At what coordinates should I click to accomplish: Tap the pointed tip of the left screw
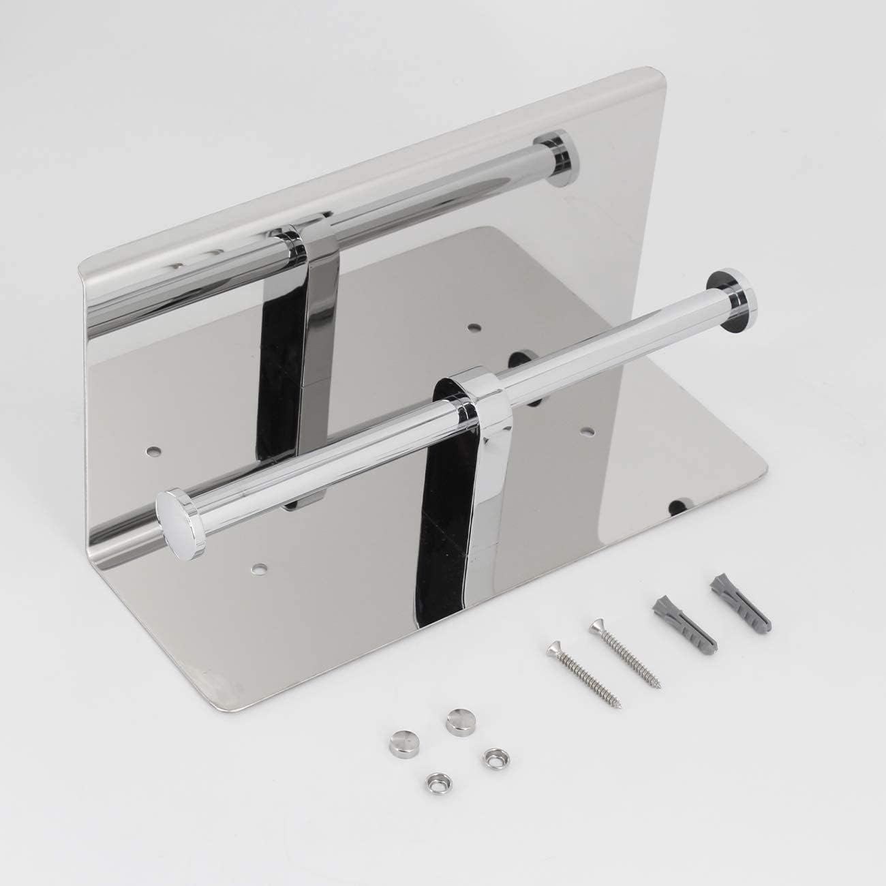coord(619,703)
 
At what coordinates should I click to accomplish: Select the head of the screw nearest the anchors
coord(598,625)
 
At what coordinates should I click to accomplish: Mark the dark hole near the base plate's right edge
coord(677,506)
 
